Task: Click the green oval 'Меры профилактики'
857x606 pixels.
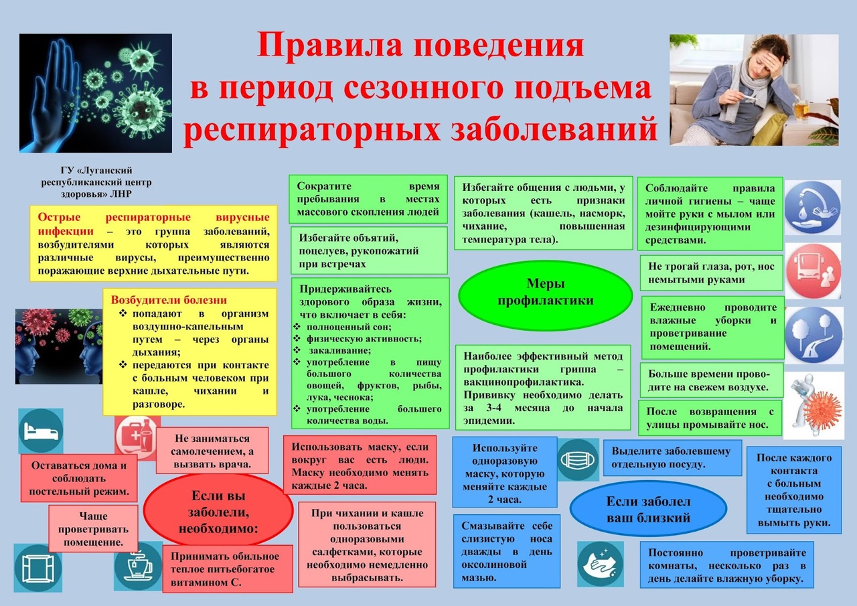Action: [x=545, y=292]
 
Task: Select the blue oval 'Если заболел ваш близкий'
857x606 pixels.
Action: [x=648, y=510]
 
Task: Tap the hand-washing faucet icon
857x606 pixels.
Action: [x=812, y=207]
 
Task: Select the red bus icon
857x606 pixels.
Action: [x=813, y=270]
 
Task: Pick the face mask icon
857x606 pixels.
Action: [x=578, y=459]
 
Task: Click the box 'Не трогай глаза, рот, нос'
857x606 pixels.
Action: [x=711, y=273]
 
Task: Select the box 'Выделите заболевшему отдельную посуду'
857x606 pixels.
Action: [x=672, y=457]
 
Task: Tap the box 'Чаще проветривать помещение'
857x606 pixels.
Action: [x=93, y=528]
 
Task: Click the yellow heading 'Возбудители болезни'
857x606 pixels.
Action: [x=169, y=300]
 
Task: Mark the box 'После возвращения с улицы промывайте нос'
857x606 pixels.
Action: [x=710, y=418]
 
